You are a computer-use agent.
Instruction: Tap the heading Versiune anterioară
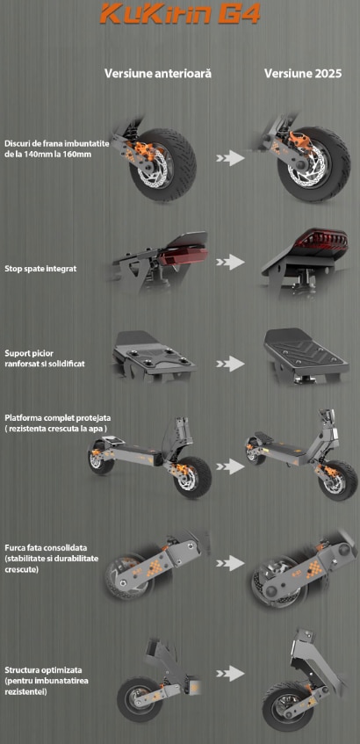158,74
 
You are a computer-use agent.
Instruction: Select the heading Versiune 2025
303,74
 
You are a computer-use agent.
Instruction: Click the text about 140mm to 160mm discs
57,148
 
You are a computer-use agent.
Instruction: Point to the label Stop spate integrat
40,269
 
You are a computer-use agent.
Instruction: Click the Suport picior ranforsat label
45,359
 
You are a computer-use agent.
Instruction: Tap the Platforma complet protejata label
57,423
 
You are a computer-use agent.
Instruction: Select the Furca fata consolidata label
51,559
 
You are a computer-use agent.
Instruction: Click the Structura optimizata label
47,681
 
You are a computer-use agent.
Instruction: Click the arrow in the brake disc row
230,158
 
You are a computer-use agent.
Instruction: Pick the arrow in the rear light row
230,262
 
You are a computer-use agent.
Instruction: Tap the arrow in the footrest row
230,364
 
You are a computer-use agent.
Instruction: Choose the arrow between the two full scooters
230,466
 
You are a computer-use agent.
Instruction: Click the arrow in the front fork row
230,563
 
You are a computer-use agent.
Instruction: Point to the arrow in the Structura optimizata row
230,674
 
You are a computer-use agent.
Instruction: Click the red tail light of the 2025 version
320,242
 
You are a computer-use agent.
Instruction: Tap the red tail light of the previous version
184,256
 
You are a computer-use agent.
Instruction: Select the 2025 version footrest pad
306,350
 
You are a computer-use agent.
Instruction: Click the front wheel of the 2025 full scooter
338,480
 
